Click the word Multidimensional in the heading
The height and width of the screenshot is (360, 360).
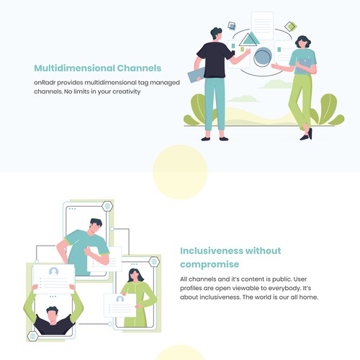[x=74, y=68]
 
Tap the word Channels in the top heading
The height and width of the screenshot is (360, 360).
[x=139, y=68]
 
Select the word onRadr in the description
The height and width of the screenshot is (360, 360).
[x=45, y=83]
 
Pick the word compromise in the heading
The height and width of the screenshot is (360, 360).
[x=210, y=264]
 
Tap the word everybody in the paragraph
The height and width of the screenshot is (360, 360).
[x=284, y=288]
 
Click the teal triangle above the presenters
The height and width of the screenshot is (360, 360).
[x=249, y=39]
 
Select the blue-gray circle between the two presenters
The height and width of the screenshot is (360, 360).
[x=263, y=57]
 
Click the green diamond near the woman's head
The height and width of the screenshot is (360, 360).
[x=291, y=27]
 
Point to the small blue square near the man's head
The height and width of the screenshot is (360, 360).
[x=232, y=25]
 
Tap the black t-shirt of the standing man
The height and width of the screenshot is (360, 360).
[x=215, y=60]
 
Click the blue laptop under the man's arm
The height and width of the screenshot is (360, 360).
[x=196, y=75]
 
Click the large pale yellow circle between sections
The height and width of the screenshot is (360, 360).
[x=180, y=172]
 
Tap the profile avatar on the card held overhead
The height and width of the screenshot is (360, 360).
[x=53, y=271]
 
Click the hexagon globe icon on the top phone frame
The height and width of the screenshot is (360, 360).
[x=107, y=206]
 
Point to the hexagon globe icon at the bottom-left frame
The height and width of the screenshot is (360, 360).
[x=33, y=336]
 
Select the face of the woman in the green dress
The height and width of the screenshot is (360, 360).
[x=135, y=275]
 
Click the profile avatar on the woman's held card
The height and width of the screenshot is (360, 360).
[x=120, y=299]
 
